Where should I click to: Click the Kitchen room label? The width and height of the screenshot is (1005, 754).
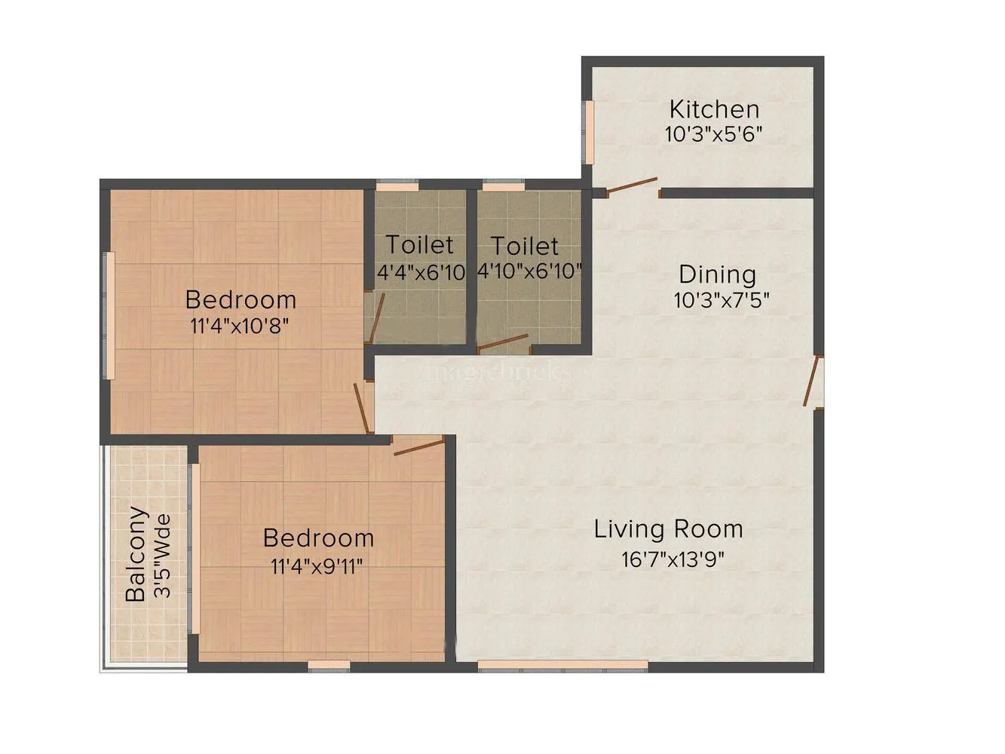(714, 109)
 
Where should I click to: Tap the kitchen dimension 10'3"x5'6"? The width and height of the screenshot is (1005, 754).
(714, 135)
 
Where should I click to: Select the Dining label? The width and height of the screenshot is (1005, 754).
(717, 274)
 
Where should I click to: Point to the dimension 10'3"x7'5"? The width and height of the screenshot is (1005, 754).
(721, 301)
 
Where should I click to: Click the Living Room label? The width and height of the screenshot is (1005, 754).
(668, 529)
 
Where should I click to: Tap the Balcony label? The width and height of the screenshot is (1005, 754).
(136, 554)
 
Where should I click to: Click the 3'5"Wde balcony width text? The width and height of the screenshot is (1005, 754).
(162, 556)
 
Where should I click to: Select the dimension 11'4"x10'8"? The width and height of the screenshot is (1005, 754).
(240, 326)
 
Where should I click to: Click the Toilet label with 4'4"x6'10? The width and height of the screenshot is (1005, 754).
(420, 245)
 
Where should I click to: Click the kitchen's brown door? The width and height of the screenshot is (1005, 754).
(632, 185)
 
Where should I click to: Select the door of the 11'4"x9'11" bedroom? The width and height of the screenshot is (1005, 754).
(418, 448)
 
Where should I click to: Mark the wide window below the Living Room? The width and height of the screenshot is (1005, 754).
(562, 665)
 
